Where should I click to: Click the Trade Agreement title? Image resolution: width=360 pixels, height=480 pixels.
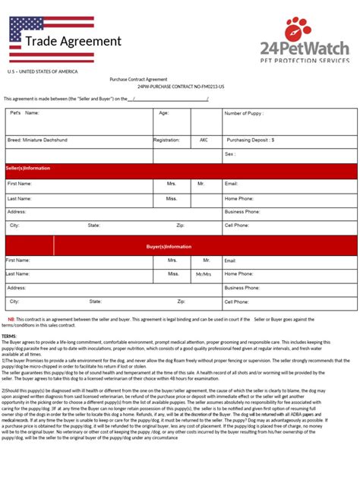pos(72,41)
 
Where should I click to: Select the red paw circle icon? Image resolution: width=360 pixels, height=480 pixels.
pos(298,30)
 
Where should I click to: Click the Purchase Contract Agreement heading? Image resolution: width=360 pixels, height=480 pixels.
pos(138,79)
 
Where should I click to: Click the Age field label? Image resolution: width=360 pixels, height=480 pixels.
pos(163,112)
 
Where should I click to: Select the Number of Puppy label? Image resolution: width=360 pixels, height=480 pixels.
pos(243,112)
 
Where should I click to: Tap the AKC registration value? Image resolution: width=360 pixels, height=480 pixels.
pos(204,140)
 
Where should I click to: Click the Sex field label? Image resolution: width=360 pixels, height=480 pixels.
pos(229,153)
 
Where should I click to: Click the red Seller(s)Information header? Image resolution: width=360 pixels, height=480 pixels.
pos(29,168)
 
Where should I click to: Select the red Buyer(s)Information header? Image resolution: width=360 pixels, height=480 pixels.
pos(169,246)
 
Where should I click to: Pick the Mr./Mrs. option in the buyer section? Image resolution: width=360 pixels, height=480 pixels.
pos(204,273)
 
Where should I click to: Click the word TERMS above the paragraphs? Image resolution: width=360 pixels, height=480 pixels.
pos(9,336)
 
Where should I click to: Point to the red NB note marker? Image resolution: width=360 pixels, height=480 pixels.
pos(11,320)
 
